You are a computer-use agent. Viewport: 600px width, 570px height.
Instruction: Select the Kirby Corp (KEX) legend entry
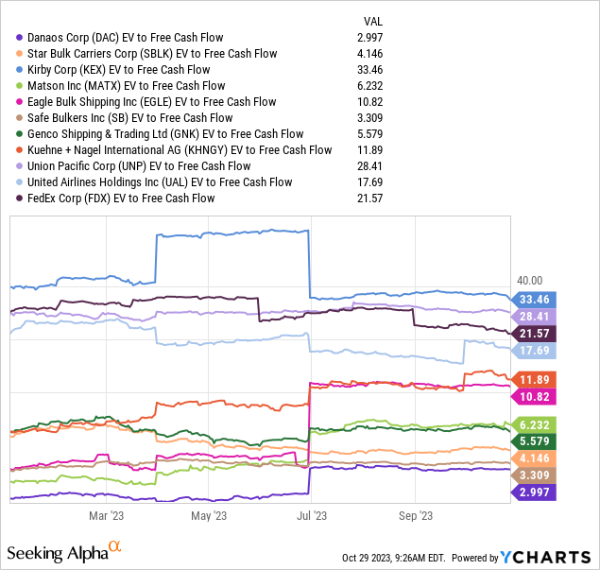pyautogui.click(x=113, y=70)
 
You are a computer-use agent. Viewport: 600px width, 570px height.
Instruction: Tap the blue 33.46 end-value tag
pyautogui.click(x=534, y=299)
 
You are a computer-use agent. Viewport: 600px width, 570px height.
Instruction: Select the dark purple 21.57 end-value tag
pyautogui.click(x=534, y=334)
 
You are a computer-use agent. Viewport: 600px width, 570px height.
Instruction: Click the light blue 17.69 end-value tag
pyautogui.click(x=534, y=352)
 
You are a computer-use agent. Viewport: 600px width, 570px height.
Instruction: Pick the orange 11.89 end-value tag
pyautogui.click(x=534, y=378)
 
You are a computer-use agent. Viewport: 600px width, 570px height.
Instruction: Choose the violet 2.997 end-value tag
pyautogui.click(x=534, y=492)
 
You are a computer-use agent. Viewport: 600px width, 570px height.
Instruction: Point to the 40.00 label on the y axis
pyautogui.click(x=530, y=281)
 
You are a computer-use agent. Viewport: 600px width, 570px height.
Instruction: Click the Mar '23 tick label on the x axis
pyautogui.click(x=106, y=516)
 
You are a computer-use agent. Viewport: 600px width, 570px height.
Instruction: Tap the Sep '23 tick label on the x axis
pyautogui.click(x=416, y=516)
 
